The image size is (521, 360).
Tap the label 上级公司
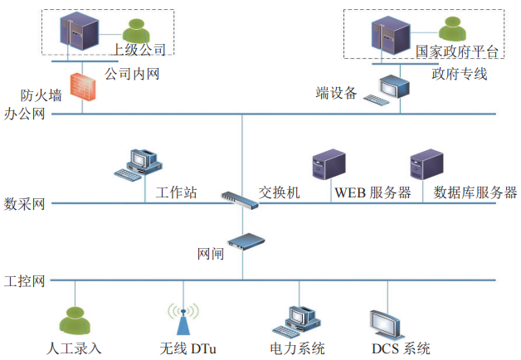[x=139, y=50]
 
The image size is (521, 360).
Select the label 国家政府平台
[x=458, y=51]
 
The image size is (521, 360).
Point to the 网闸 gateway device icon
[x=246, y=241]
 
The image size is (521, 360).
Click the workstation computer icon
[x=136, y=164]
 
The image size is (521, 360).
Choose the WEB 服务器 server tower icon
[x=328, y=165]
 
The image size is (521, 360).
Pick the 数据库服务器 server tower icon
[x=426, y=165]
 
